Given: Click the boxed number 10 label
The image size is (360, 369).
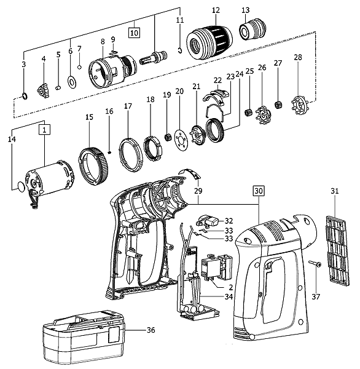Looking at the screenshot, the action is tap(134, 33).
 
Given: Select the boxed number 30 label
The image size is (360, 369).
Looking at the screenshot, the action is tap(259, 191).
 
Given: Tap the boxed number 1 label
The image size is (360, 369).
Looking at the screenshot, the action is tap(44, 130).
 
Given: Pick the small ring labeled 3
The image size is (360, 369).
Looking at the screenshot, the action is tap(25, 96).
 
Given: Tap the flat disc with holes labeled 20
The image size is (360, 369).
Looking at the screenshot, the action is tap(182, 140).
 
